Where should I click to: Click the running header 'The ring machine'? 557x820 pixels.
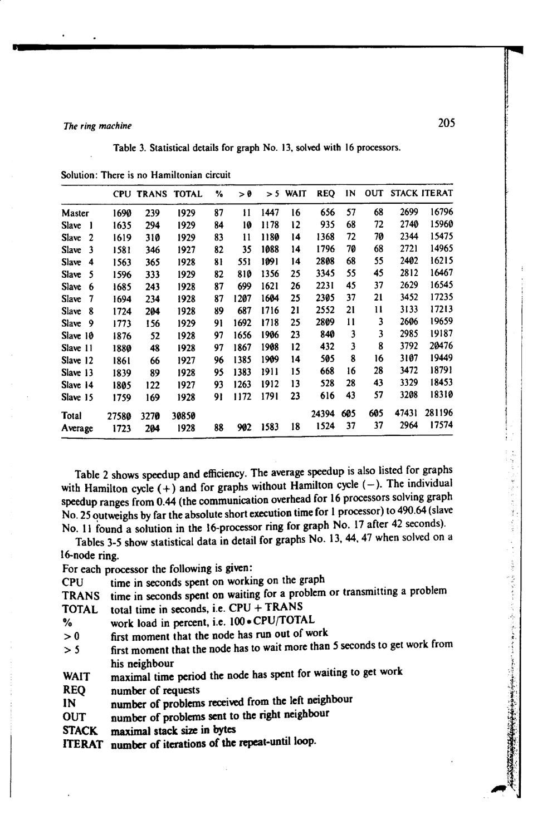[x=97, y=126]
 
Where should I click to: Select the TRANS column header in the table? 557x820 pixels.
[x=152, y=194]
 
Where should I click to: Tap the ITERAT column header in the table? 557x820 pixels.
[x=437, y=193]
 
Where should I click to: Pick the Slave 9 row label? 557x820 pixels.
[x=78, y=323]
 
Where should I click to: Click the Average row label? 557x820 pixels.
[x=77, y=428]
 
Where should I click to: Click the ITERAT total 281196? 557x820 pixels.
[x=438, y=413]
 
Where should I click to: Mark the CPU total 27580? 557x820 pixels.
[x=119, y=416]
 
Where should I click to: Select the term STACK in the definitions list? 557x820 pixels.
[x=80, y=730]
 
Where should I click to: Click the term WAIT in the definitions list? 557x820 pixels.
[x=76, y=677]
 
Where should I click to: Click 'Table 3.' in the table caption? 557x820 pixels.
[x=129, y=148]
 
